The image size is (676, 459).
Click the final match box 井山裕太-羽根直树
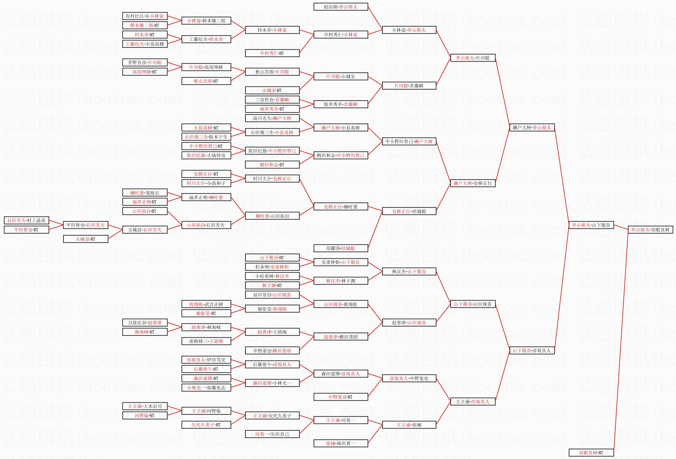coord(650,229)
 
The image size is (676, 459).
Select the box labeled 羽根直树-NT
coord(591,453)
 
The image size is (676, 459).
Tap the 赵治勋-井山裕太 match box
coord(341,7)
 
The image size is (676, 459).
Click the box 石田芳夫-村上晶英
coord(26,220)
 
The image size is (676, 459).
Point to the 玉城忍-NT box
coord(86,239)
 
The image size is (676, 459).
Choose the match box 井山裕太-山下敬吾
coord(591,225)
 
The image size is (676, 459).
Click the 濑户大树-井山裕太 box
coord(532,127)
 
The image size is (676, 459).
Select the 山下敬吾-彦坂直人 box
coord(532,350)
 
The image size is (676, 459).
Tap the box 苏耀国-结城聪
coord(341,248)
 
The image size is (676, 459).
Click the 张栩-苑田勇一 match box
coord(341,443)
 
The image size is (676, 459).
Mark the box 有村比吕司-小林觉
coord(145,16)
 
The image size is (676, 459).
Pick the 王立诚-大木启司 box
coord(145,406)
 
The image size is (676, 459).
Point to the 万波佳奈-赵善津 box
coord(145,323)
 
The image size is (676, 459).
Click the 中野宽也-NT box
coord(341,397)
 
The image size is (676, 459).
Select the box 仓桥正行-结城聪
coord(409,211)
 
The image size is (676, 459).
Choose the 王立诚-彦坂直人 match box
coord(473,402)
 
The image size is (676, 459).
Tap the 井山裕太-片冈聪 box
coord(473,58)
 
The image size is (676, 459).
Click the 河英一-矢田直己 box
coord(272,434)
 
